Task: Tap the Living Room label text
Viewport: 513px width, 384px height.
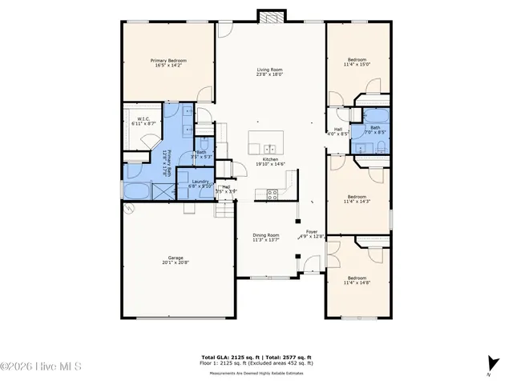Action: click(x=270, y=72)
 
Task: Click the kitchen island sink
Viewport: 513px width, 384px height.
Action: click(x=270, y=148)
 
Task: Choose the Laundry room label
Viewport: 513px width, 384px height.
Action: click(x=201, y=183)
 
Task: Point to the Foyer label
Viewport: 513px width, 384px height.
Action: click(x=312, y=234)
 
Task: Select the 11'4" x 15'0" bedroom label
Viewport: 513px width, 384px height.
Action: click(x=357, y=63)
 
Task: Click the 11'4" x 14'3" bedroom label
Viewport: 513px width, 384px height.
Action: click(x=357, y=200)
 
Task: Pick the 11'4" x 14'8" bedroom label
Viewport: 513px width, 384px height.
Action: click(x=357, y=281)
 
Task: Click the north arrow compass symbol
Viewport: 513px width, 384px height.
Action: click(x=488, y=362)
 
